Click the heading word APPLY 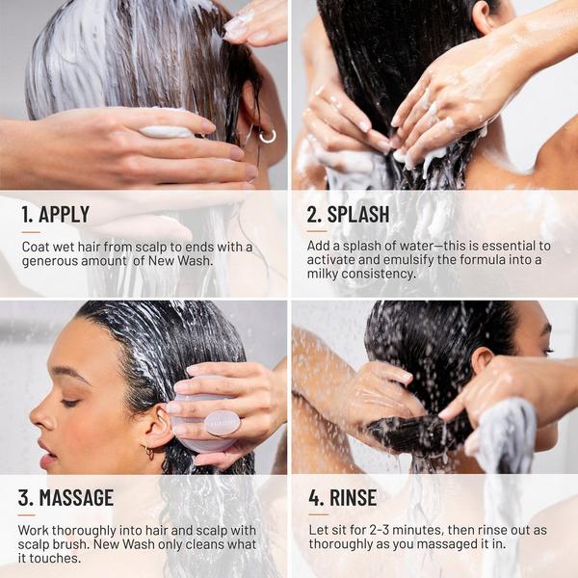click(x=65, y=215)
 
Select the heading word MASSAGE click(x=76, y=498)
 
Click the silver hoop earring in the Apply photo click(x=267, y=136)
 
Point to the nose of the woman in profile click(x=37, y=416)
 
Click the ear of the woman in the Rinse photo click(x=483, y=364)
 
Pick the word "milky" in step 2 click(x=328, y=275)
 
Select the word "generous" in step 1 click(x=55, y=261)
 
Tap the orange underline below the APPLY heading click(x=30, y=232)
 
